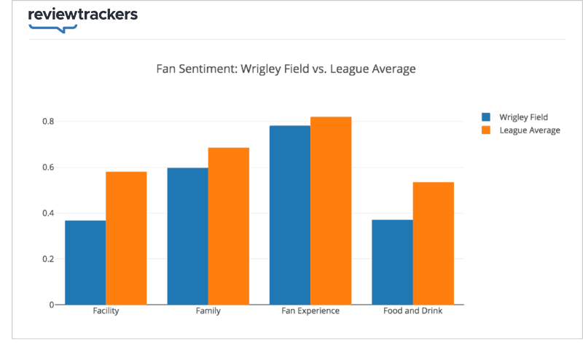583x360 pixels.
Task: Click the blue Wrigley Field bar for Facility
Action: (x=85, y=262)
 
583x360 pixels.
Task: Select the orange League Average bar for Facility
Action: (x=126, y=238)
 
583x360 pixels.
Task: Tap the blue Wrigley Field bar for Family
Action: (x=187, y=236)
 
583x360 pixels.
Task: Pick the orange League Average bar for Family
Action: (x=229, y=226)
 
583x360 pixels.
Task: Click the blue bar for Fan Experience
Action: (x=290, y=215)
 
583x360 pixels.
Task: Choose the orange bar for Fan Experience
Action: (x=331, y=211)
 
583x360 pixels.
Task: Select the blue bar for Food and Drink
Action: (x=392, y=262)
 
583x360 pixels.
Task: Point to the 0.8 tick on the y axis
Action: (x=47, y=121)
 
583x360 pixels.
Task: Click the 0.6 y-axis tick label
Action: (x=47, y=167)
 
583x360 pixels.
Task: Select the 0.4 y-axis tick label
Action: (x=47, y=213)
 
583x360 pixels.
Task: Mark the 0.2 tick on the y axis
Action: (x=47, y=259)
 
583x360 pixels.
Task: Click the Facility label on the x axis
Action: (x=106, y=311)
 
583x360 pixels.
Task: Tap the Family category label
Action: (x=208, y=311)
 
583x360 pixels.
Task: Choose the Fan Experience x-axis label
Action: (x=310, y=311)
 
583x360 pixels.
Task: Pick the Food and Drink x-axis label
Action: (x=412, y=311)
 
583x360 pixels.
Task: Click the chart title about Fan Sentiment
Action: (x=286, y=70)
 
